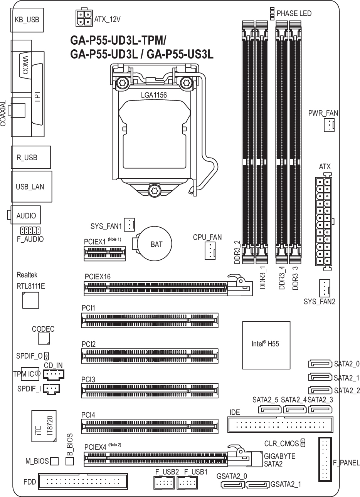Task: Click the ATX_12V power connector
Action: pos(84,18)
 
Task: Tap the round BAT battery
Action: pos(154,243)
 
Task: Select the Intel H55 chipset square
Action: pos(266,345)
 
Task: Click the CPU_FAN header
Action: pos(210,250)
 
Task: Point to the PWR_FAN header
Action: pos(329,125)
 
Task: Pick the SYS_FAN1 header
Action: pos(130,225)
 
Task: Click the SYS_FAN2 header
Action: pos(325,288)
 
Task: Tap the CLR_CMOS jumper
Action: pos(303,443)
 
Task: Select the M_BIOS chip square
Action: pos(54,461)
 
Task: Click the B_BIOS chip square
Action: pos(70,461)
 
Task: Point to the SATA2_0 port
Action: pos(320,364)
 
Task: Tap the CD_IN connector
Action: pos(54,375)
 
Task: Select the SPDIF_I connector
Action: pos(51,389)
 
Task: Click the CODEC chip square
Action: pos(44,339)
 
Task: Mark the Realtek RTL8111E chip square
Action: pos(30,300)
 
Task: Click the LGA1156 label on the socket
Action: pos(154,95)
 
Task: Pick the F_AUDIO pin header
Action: pos(30,231)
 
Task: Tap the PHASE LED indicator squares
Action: pos(273,13)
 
